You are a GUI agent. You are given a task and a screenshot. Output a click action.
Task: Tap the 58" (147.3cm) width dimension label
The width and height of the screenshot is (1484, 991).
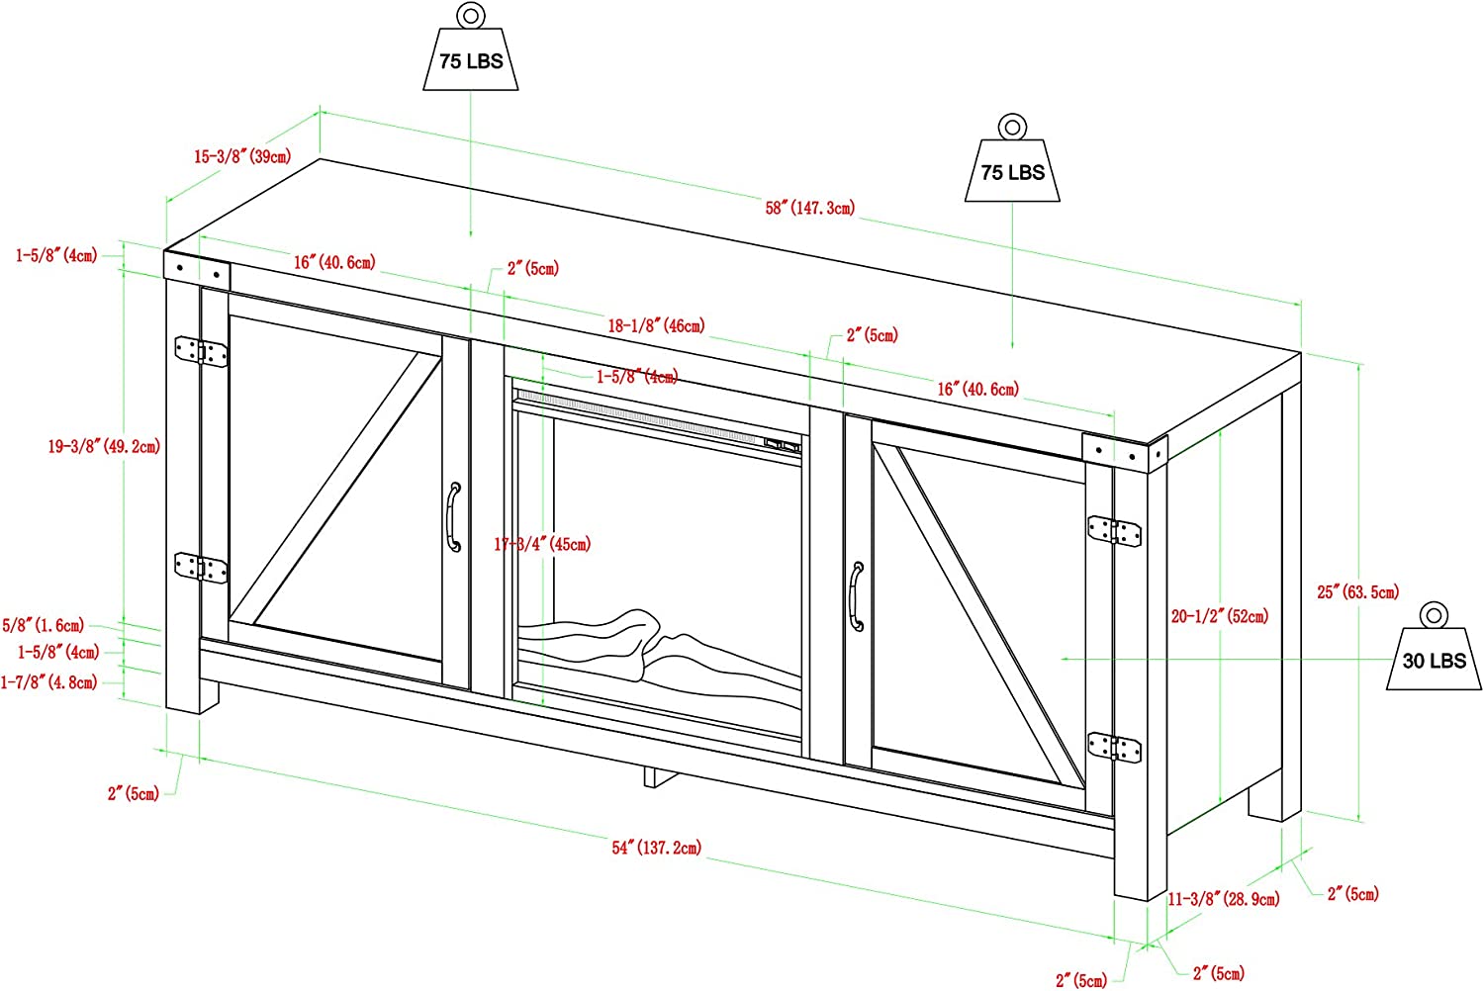point(809,208)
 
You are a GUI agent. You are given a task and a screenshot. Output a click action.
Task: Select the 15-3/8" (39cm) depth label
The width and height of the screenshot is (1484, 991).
point(242,157)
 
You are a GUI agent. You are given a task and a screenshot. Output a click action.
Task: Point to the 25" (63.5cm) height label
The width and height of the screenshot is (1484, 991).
point(1357,591)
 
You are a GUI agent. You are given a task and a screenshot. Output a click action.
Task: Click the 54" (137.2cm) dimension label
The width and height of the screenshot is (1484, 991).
point(656,848)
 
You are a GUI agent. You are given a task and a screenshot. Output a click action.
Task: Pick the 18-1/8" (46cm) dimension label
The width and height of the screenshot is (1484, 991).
point(656,325)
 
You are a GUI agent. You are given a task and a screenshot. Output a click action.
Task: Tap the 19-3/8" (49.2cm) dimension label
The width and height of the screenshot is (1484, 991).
point(104,446)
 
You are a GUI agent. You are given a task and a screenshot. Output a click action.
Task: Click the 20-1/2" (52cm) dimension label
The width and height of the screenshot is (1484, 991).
point(1219,616)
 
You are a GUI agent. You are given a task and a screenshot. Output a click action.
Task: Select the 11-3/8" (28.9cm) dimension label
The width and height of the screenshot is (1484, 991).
point(1223,899)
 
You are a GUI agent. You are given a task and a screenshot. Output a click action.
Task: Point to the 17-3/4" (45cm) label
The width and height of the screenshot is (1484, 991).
point(542,544)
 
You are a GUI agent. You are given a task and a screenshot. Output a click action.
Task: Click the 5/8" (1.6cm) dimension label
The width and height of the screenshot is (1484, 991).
point(44,625)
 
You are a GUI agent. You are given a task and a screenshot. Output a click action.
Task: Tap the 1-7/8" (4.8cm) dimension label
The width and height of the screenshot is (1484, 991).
point(49,681)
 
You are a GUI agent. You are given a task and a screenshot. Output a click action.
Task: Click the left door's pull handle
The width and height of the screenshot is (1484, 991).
point(454,517)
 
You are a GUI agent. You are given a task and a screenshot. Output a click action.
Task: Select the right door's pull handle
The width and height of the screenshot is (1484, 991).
point(857,596)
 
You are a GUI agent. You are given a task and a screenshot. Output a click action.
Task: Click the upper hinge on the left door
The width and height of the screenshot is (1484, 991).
point(201,351)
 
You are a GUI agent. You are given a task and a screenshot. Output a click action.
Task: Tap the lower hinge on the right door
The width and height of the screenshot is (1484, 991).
point(1114,748)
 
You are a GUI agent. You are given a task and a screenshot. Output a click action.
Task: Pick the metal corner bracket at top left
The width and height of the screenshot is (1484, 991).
point(197,270)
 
